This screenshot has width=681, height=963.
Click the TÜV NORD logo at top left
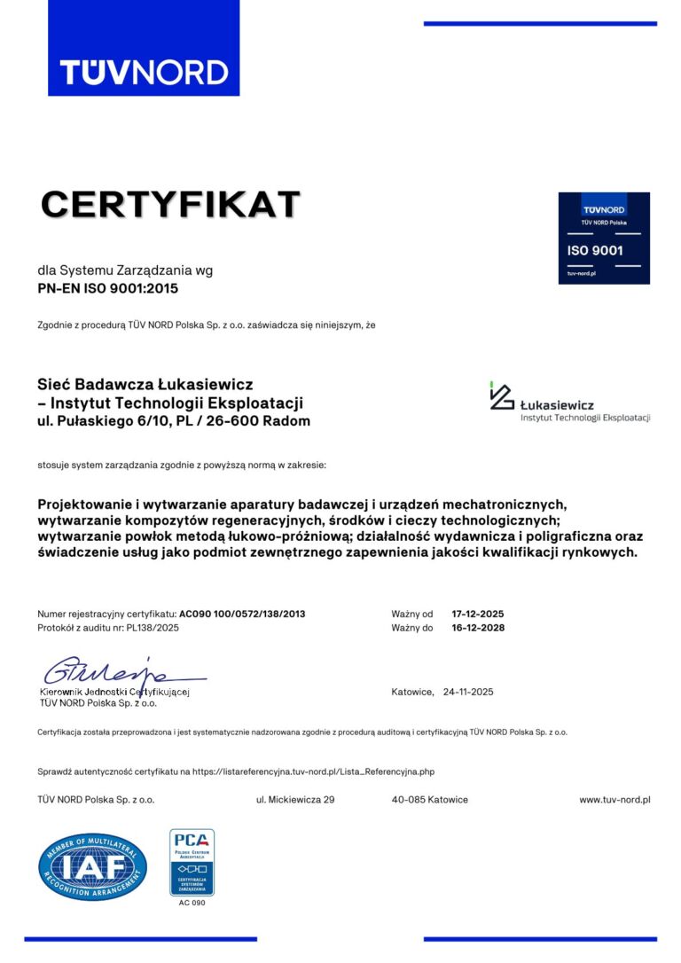[144, 72]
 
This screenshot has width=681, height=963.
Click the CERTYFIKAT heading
[170, 204]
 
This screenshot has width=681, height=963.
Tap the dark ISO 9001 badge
[603, 238]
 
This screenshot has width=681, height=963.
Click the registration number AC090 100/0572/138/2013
[242, 614]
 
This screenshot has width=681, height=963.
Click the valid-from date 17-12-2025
[478, 614]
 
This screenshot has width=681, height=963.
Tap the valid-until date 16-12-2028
[478, 627]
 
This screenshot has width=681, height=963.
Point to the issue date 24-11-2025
[467, 692]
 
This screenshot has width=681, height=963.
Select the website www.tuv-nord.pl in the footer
[614, 799]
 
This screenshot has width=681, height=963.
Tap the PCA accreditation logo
[192, 862]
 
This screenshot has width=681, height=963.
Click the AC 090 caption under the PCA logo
[192, 903]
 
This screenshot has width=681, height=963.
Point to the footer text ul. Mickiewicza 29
[294, 799]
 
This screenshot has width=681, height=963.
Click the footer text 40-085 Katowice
[429, 799]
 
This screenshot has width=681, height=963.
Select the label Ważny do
[411, 627]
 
